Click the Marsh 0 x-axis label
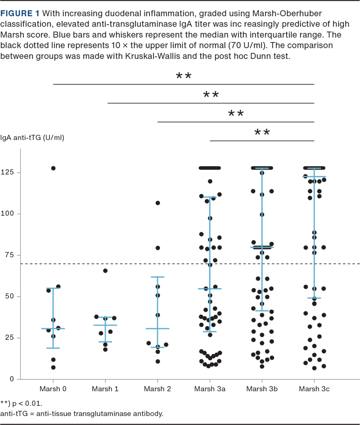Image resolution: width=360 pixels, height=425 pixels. click(x=53, y=389)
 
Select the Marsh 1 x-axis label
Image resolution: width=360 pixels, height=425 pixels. click(x=105, y=389)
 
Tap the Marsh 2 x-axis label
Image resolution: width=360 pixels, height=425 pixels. click(x=157, y=389)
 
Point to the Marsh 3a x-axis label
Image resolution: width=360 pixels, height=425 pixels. click(x=210, y=389)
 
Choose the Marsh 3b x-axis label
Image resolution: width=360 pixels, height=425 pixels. click(x=262, y=389)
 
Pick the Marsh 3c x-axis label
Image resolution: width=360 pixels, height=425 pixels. click(x=315, y=389)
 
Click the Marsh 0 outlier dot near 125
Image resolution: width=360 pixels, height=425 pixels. click(x=53, y=168)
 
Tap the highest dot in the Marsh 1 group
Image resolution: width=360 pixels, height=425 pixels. click(x=105, y=271)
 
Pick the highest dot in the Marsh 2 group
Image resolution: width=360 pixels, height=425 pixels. click(x=158, y=203)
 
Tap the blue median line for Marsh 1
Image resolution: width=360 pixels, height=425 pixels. click(x=105, y=325)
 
